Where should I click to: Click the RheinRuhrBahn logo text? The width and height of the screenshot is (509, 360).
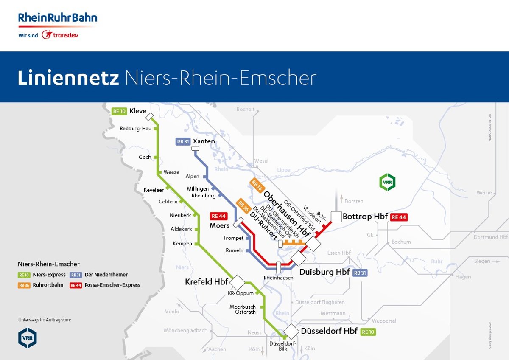tap(57, 18)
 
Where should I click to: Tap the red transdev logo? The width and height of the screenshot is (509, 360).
tap(60, 35)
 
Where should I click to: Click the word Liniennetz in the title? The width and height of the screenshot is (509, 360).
tap(69, 78)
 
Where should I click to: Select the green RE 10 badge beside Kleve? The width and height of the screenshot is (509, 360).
tap(119, 112)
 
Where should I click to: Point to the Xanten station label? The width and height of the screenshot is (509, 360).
tap(204, 141)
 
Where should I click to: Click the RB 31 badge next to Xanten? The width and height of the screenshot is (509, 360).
tap(182, 142)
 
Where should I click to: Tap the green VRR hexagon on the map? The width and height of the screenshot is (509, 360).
tap(387, 182)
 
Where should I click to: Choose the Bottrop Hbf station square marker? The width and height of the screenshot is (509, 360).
tap(336, 217)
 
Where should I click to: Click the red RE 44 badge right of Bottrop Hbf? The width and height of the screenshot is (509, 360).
tap(399, 217)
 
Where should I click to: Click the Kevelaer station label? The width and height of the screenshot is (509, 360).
tap(154, 190)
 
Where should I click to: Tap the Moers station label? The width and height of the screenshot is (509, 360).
tap(219, 225)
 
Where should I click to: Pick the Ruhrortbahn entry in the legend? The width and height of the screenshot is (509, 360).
tap(48, 285)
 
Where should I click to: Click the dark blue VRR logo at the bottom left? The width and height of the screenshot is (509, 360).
tap(28, 338)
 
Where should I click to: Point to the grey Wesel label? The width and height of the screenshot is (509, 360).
tap(261, 161)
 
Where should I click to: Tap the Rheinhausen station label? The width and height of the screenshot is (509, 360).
tap(278, 278)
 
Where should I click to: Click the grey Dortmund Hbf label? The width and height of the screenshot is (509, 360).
tap(491, 237)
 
